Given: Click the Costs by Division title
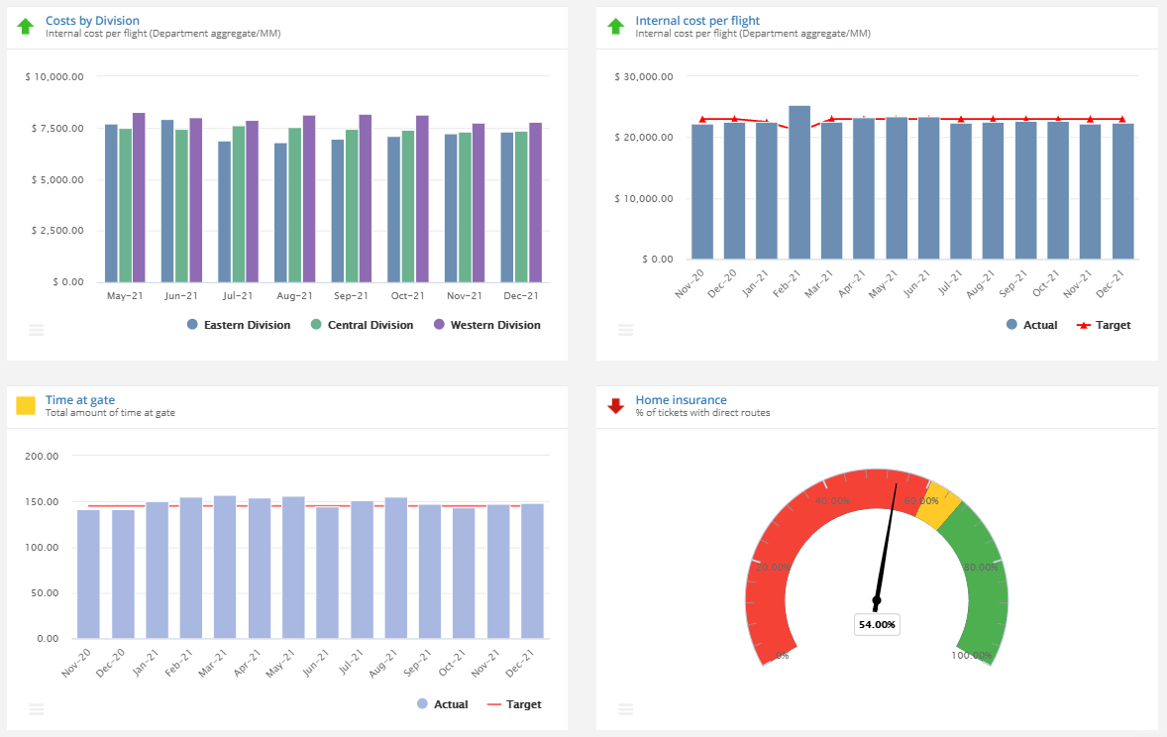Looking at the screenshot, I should [92, 20].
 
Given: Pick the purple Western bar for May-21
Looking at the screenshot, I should [139, 198].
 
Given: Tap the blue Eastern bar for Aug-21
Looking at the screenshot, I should [281, 213].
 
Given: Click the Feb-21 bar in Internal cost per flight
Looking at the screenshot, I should [798, 183].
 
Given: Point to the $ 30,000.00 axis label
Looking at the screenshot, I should [644, 76].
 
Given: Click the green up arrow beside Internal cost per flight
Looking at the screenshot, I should [616, 27].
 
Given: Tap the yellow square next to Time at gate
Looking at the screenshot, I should [26, 405].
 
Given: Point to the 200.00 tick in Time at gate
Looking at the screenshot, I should [41, 457].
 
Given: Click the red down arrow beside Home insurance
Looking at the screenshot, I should [616, 405].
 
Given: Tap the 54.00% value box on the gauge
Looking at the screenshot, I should [877, 625].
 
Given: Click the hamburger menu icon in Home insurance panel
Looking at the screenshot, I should [625, 709].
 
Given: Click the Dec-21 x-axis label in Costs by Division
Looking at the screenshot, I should [520, 295].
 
